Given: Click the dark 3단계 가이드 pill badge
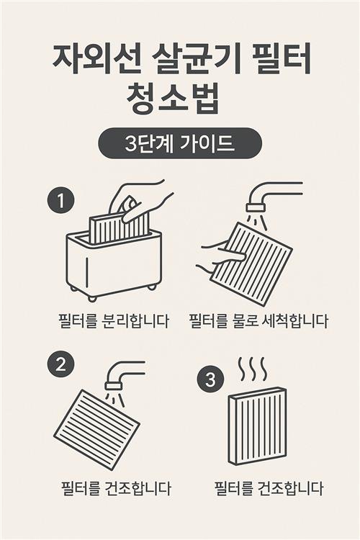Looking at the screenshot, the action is [180, 143].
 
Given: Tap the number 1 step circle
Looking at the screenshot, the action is [61, 200].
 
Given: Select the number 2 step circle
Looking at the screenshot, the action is [60, 364].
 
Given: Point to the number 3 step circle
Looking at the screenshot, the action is [210, 380].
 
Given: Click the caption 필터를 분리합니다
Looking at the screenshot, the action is [114, 320].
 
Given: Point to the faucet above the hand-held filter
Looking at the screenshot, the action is [273, 197].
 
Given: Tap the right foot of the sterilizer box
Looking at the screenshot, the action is [152, 287].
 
